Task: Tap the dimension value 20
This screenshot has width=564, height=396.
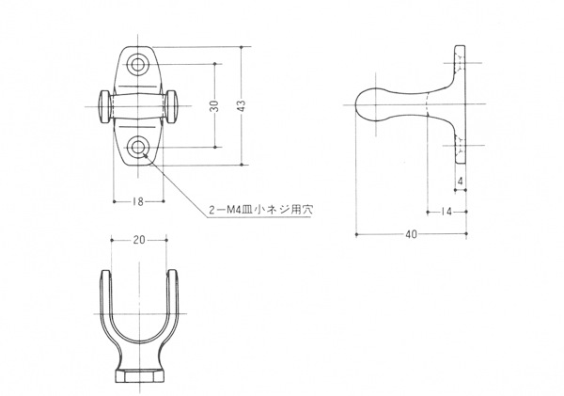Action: pyautogui.click(x=139, y=241)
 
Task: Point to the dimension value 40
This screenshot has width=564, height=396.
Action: pyautogui.click(x=411, y=235)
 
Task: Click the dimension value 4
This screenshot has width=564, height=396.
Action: pyautogui.click(x=462, y=182)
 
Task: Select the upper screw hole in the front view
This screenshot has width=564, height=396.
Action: pyautogui.click(x=140, y=64)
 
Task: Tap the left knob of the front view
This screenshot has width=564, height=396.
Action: pyautogui.click(x=102, y=104)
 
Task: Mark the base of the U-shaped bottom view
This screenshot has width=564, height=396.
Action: pyautogui.click(x=139, y=376)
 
